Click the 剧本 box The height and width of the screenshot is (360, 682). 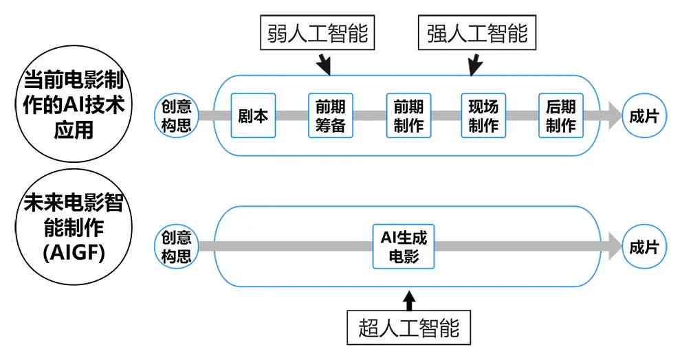coord(253,115)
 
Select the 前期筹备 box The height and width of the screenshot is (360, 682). coord(331,115)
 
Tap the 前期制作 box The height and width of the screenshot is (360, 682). coord(409,115)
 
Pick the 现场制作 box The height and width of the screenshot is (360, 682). coord(484,115)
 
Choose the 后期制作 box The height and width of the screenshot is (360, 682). coord(561,115)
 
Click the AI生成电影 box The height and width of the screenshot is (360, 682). coord(404,247)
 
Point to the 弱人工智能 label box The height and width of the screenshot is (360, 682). coord(318,32)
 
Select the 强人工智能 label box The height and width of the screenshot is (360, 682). coord(477,32)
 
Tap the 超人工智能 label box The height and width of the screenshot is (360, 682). coord(409,328)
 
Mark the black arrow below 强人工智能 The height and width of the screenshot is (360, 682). coord(474,65)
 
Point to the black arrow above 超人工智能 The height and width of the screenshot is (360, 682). coord(409,301)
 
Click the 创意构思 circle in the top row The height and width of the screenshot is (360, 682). coord(177,115)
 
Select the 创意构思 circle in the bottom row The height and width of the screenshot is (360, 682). coord(177,247)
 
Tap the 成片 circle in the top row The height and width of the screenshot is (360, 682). coord(644,115)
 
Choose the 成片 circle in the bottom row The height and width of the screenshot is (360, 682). coord(644,247)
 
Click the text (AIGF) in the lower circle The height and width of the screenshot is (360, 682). coord(74,252)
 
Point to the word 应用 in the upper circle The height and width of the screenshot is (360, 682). coord(74,130)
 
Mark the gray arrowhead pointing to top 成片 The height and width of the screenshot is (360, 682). coord(615,115)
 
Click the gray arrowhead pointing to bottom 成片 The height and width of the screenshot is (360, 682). coord(615,247)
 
